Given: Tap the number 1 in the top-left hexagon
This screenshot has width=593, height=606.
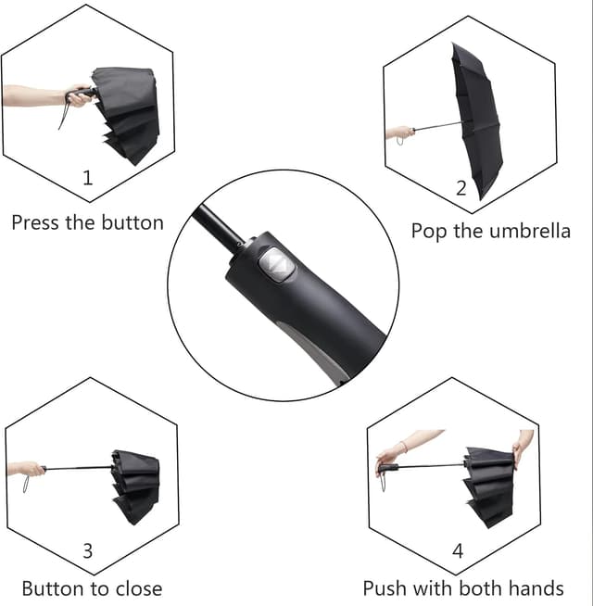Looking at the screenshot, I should coord(88,178).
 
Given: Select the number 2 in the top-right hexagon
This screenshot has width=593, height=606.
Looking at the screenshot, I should coord(461,188).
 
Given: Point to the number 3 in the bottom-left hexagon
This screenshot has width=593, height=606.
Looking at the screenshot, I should coord(88,551).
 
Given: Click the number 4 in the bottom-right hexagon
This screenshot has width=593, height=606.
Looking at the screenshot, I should coord(458,551).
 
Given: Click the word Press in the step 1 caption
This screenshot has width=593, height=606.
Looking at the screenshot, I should coord(35,222).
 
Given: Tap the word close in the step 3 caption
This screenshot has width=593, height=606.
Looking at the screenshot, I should coord(139,588).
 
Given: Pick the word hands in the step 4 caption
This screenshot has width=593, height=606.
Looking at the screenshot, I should coord(536,588).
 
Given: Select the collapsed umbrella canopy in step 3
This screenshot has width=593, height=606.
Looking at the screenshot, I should coord(135,486).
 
